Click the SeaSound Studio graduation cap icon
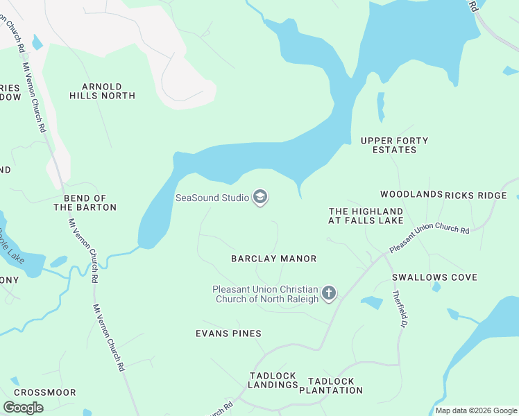(260, 198)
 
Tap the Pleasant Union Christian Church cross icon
(329, 294)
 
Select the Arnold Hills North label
(102, 91)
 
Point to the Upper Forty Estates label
(394, 145)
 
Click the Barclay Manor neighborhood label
(273, 259)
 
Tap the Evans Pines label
(228, 333)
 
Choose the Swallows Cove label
(434, 277)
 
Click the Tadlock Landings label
(273, 380)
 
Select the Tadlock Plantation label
(331, 385)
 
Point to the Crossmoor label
(43, 392)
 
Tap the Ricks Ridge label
(476, 196)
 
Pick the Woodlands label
(411, 195)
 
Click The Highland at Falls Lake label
(366, 216)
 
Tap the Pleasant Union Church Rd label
(429, 239)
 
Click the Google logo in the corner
(23, 408)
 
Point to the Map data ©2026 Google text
(476, 410)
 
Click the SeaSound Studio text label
(212, 198)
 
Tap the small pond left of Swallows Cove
(373, 302)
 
